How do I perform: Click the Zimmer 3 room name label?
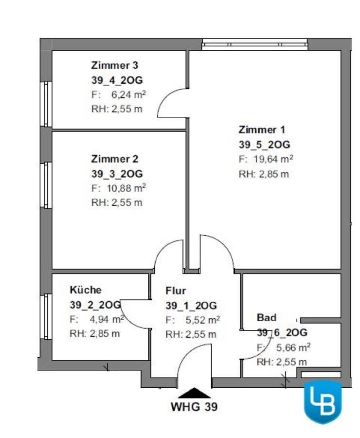click(x=115, y=65)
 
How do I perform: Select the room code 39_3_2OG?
click(x=117, y=174)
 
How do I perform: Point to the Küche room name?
click(x=86, y=290)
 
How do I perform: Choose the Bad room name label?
click(x=266, y=318)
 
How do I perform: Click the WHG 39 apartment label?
click(x=194, y=407)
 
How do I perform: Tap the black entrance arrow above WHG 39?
click(x=194, y=392)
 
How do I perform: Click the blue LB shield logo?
click(x=323, y=401)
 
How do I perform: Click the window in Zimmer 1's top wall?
click(x=255, y=45)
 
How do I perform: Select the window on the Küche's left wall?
click(x=46, y=316)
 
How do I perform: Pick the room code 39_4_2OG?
click(x=117, y=80)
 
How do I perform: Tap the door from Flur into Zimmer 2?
click(x=168, y=255)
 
